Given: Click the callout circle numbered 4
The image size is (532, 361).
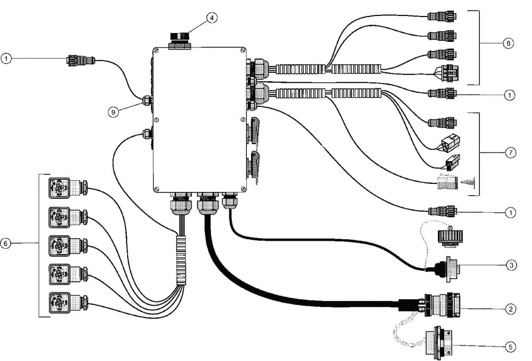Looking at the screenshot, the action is click(211, 18).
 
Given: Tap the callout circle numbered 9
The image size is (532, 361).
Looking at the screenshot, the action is click(114, 112).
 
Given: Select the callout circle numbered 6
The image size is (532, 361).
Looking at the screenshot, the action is click(5, 244).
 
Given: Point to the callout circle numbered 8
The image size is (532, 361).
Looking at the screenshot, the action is click(508, 44).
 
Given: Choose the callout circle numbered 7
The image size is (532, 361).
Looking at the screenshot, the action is click(511, 153).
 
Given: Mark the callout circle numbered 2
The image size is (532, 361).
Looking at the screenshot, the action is click(511, 309).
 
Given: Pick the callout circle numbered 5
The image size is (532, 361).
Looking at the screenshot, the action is click(511, 347).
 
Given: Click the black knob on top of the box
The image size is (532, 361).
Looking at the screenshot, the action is click(180, 37).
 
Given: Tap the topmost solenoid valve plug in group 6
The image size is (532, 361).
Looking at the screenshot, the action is click(69, 187).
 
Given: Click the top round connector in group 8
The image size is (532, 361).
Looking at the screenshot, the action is click(442, 16).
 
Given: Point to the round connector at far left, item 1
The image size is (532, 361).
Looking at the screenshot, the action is click(81, 61).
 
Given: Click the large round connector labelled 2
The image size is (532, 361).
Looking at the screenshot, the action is click(440, 305).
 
